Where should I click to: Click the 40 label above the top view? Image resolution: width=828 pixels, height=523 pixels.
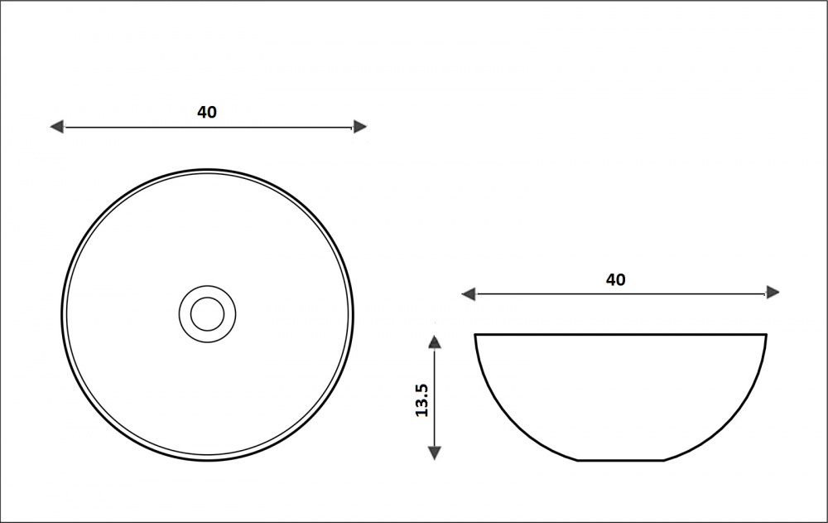(207, 112)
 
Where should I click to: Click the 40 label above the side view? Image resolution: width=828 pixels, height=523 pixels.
(616, 280)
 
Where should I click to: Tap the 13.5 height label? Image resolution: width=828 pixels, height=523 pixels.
(421, 400)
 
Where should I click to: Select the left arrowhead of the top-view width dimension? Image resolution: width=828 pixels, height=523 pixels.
(56, 127)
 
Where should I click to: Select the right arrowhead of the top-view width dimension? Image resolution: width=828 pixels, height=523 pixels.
(359, 127)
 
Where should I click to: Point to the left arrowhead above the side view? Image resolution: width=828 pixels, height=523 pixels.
(469, 294)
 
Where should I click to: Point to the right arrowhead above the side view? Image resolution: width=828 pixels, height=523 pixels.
(773, 293)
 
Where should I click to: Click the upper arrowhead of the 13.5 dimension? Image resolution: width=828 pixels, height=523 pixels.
(434, 341)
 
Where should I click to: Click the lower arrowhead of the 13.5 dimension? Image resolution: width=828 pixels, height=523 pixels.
(434, 453)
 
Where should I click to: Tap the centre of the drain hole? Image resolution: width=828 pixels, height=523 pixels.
(208, 314)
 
